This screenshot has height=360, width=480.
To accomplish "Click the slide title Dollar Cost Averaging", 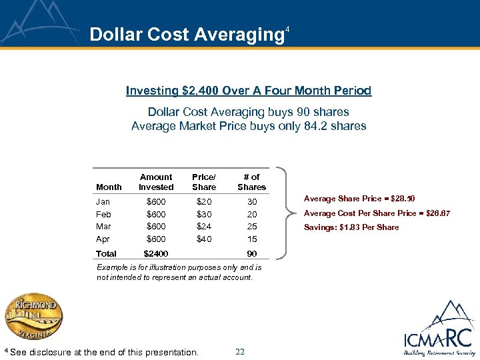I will coord(187,35).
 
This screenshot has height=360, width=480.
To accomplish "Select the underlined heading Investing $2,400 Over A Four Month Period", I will coord(249,90).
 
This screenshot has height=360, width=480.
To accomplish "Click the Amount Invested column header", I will coord(156,182).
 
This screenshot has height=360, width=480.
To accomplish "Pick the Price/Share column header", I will coord(203,182).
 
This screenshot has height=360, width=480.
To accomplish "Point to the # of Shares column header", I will coord(251,182).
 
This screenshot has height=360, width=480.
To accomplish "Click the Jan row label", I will coord(103,201).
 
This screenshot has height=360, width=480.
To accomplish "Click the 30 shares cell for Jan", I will coord(251,201).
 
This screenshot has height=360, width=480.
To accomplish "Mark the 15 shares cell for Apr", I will coord(251,239).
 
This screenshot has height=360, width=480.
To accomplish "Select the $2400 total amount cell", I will coord(156,253).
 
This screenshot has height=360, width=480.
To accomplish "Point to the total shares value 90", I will coord(251,253).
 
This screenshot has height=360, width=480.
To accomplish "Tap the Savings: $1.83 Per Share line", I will coord(351,227).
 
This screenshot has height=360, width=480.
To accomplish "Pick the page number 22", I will coord(240,351).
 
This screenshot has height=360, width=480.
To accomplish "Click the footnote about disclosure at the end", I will coord(101,352).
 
